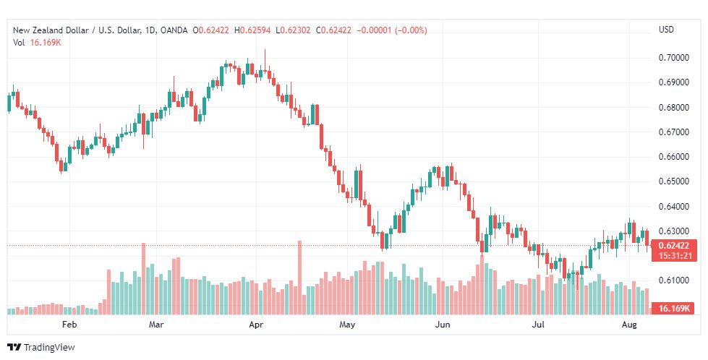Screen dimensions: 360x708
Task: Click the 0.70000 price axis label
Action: click(673, 58)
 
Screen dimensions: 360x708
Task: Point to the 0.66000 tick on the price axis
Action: click(673, 157)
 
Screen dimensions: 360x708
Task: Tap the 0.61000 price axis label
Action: click(673, 280)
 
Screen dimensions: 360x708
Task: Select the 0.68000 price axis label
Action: click(673, 108)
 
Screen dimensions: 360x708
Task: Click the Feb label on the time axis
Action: click(69, 325)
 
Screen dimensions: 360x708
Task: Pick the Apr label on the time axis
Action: click(255, 325)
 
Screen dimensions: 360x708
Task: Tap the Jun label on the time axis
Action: click(443, 325)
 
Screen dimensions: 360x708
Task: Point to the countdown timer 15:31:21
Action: click(673, 255)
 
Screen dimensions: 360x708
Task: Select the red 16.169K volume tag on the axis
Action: click(673, 309)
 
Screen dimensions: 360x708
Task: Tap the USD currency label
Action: click(666, 30)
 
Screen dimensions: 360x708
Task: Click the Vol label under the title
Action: click(19, 42)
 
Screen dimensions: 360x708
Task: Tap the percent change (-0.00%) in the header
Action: click(409, 30)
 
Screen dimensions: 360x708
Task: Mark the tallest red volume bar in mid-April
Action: click(299, 278)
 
